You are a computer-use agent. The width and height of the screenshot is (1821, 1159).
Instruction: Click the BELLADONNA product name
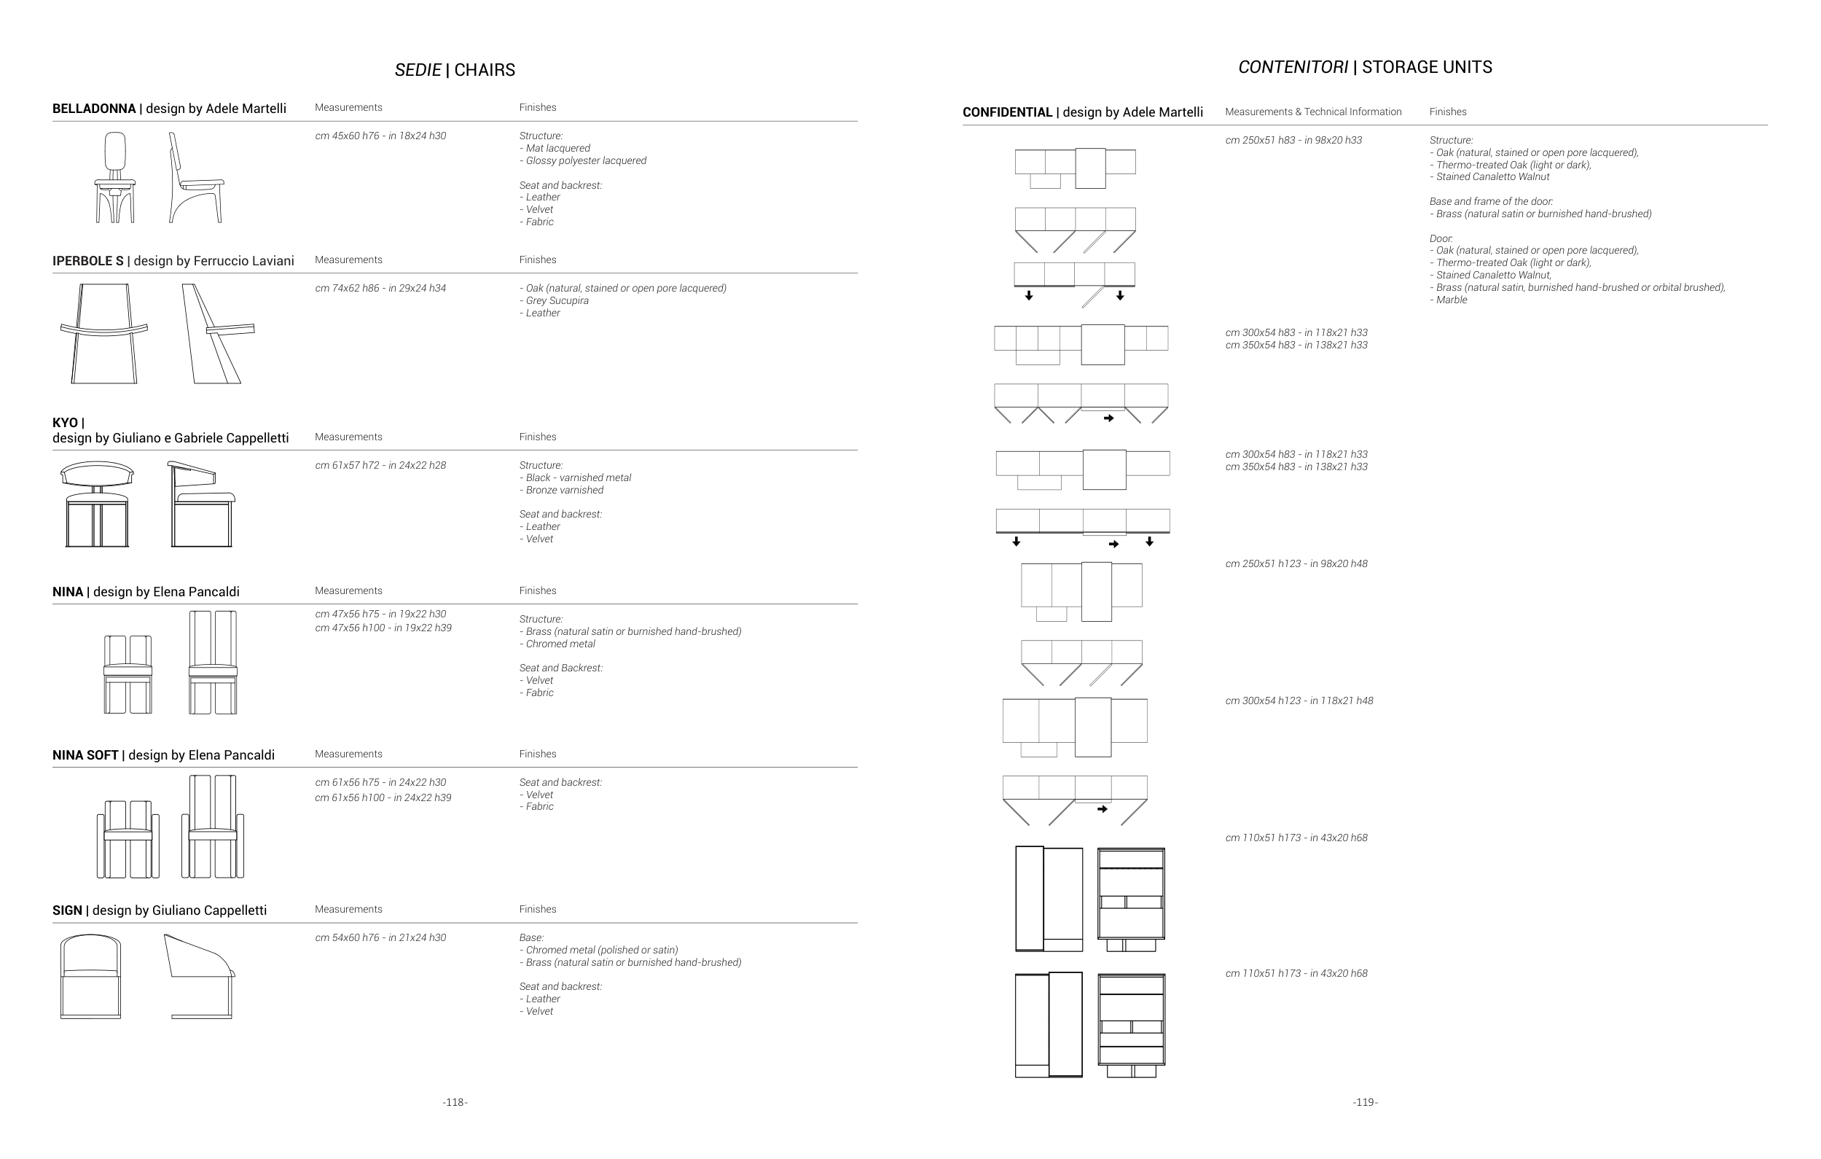click(x=94, y=109)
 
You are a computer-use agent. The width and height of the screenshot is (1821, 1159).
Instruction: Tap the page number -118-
click(x=455, y=1102)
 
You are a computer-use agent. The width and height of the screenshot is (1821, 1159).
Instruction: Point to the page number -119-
click(x=1365, y=1102)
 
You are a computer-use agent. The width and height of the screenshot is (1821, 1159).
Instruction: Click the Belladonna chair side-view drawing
click(x=195, y=179)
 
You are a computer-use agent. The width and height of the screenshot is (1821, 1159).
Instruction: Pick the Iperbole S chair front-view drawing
click(x=104, y=334)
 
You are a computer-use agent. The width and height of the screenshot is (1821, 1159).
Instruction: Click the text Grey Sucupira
click(x=557, y=301)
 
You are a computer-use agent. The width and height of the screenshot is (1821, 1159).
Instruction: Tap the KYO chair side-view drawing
click(x=201, y=504)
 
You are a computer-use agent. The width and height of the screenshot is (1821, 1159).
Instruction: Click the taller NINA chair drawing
click(x=213, y=663)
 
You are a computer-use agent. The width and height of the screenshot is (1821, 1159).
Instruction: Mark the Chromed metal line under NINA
click(x=560, y=644)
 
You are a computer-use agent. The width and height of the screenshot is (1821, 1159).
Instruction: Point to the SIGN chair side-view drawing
click(x=200, y=977)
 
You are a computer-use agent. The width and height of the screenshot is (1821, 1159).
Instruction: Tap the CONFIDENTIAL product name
click(x=1007, y=113)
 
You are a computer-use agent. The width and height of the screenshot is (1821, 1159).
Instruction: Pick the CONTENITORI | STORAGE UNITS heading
click(x=1365, y=67)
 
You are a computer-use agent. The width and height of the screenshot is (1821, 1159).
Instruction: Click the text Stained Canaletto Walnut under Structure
click(x=1492, y=177)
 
